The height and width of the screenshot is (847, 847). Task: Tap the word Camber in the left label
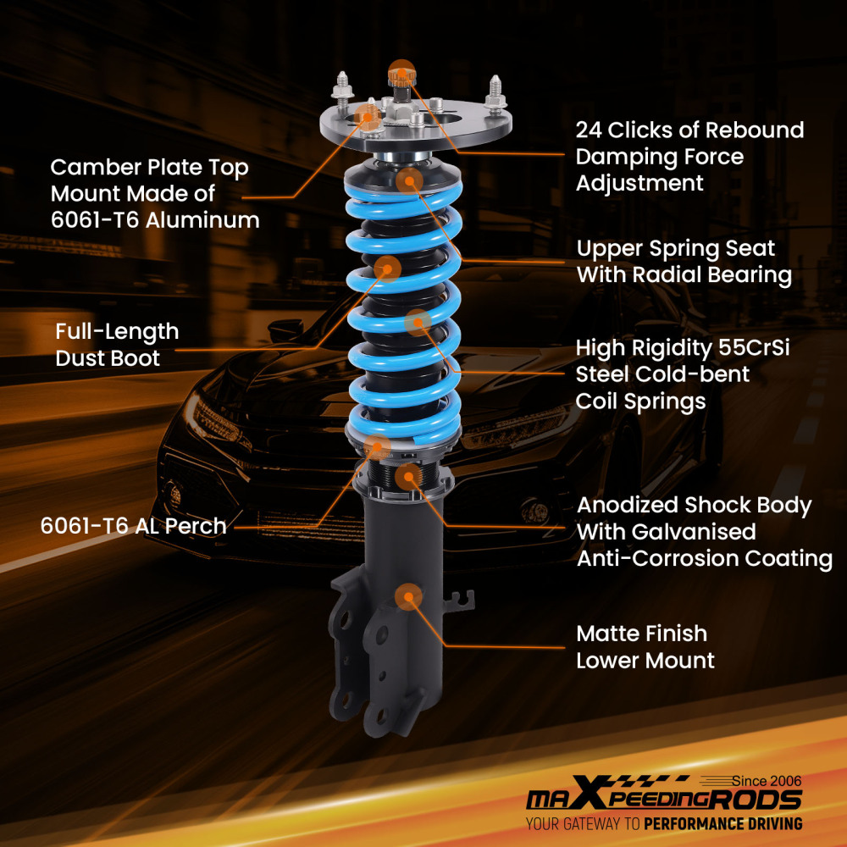(92, 168)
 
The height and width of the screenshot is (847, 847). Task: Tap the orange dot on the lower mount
(410, 596)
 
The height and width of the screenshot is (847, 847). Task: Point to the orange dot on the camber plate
(368, 115)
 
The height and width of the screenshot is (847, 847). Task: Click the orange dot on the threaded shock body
(409, 476)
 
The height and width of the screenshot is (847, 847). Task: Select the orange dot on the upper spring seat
(409, 180)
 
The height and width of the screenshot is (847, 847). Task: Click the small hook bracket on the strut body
(460, 598)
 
